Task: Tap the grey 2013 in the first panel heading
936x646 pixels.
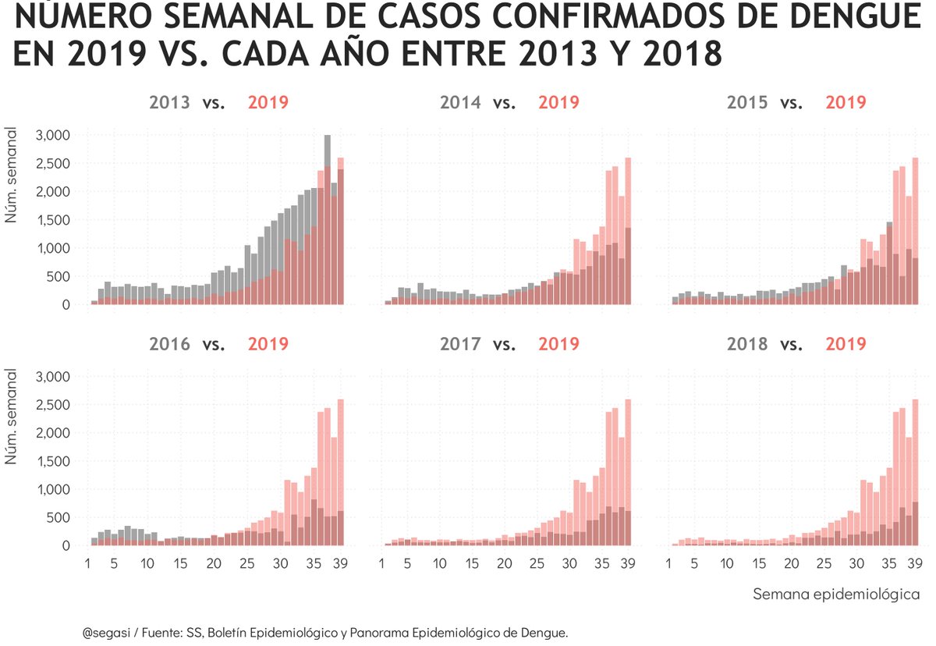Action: (x=170, y=102)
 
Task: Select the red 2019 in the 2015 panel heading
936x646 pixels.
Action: (x=846, y=102)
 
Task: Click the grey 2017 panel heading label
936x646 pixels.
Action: (x=460, y=344)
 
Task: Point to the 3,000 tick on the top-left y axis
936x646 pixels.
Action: (x=54, y=135)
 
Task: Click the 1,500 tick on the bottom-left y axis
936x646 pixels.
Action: (x=54, y=461)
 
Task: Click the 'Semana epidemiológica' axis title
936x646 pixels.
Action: (x=836, y=595)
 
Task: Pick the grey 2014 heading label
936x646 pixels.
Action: (x=460, y=102)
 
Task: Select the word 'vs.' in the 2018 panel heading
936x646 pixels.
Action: (x=792, y=344)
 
